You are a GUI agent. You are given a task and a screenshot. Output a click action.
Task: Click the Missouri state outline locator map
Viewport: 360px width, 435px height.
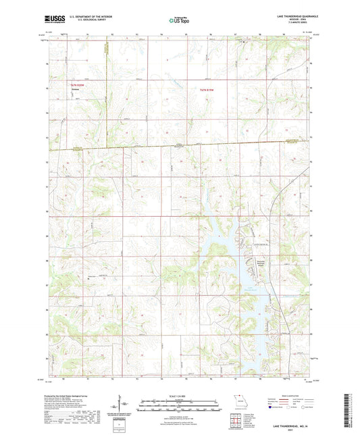pyautogui.click(x=236, y=401)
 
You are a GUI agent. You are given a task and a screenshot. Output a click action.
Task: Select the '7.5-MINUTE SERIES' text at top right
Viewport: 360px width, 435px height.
pyautogui.click(x=295, y=24)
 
